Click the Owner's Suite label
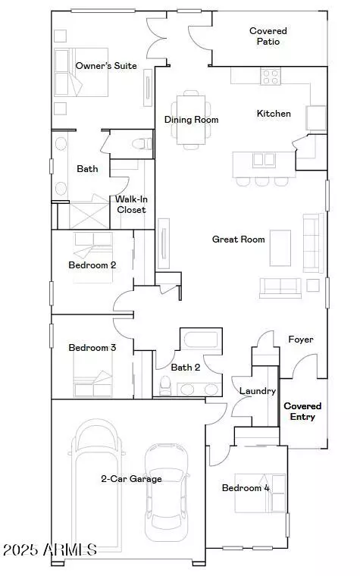(106, 66)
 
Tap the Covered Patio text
(268, 36)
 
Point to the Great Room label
(238, 239)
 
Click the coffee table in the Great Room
(280, 248)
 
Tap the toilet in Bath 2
(166, 384)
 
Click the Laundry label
(252, 391)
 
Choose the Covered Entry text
(302, 412)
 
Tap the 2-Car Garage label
(131, 479)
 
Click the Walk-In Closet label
(130, 205)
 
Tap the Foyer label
(301, 340)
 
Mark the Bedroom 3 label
(92, 348)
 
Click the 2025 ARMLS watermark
(49, 549)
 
